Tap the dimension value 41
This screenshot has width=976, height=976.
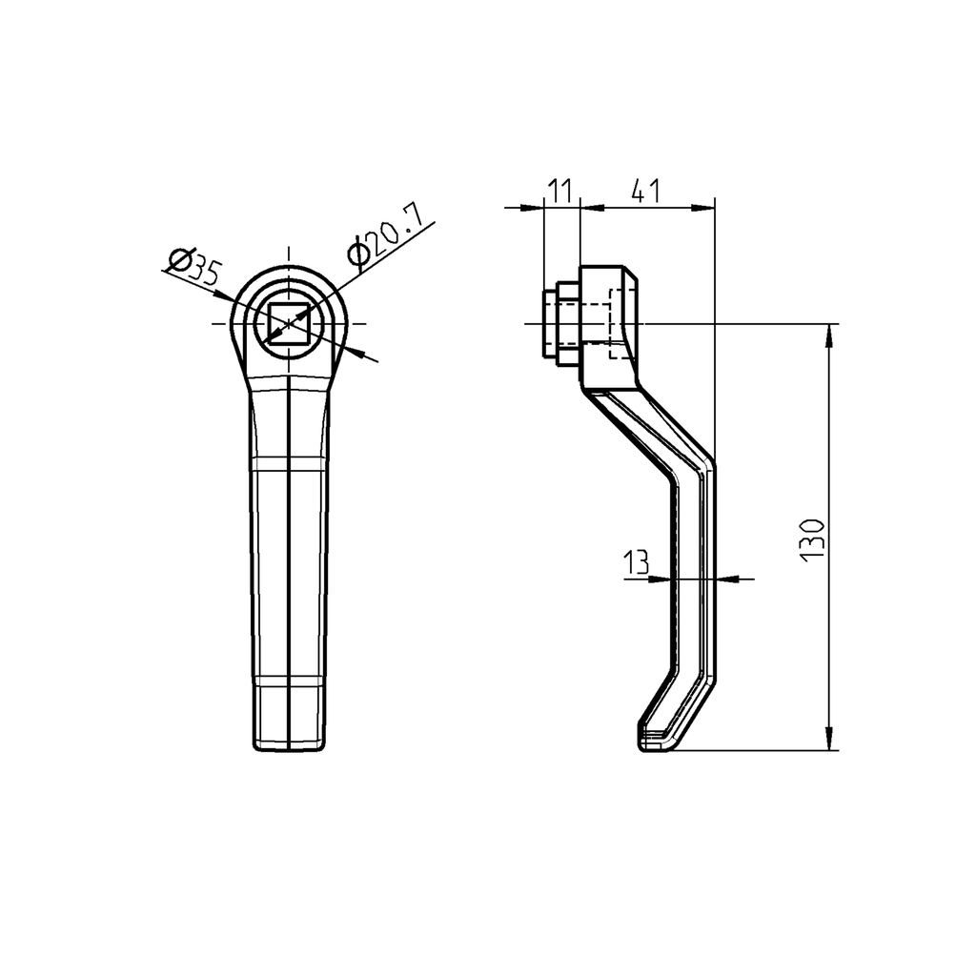(646, 190)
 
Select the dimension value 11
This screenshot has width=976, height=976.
(560, 190)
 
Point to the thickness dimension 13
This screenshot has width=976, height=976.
(636, 563)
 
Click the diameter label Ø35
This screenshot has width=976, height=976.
(193, 267)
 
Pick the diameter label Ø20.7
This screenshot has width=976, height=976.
(384, 238)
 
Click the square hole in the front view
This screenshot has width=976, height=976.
(289, 324)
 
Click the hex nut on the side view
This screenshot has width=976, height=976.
(560, 324)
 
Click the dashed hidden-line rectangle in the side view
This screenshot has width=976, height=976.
(620, 330)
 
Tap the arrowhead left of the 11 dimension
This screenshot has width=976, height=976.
(534, 206)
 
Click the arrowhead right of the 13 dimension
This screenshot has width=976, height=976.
(724, 578)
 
